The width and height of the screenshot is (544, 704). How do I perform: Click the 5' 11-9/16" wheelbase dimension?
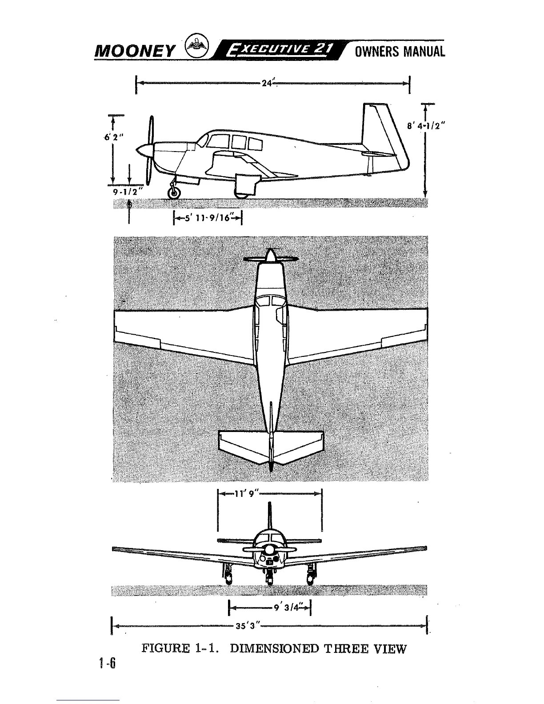tap(209, 218)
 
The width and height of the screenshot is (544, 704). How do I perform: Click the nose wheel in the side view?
tap(173, 192)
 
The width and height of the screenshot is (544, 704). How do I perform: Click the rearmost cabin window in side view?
tap(255, 144)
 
